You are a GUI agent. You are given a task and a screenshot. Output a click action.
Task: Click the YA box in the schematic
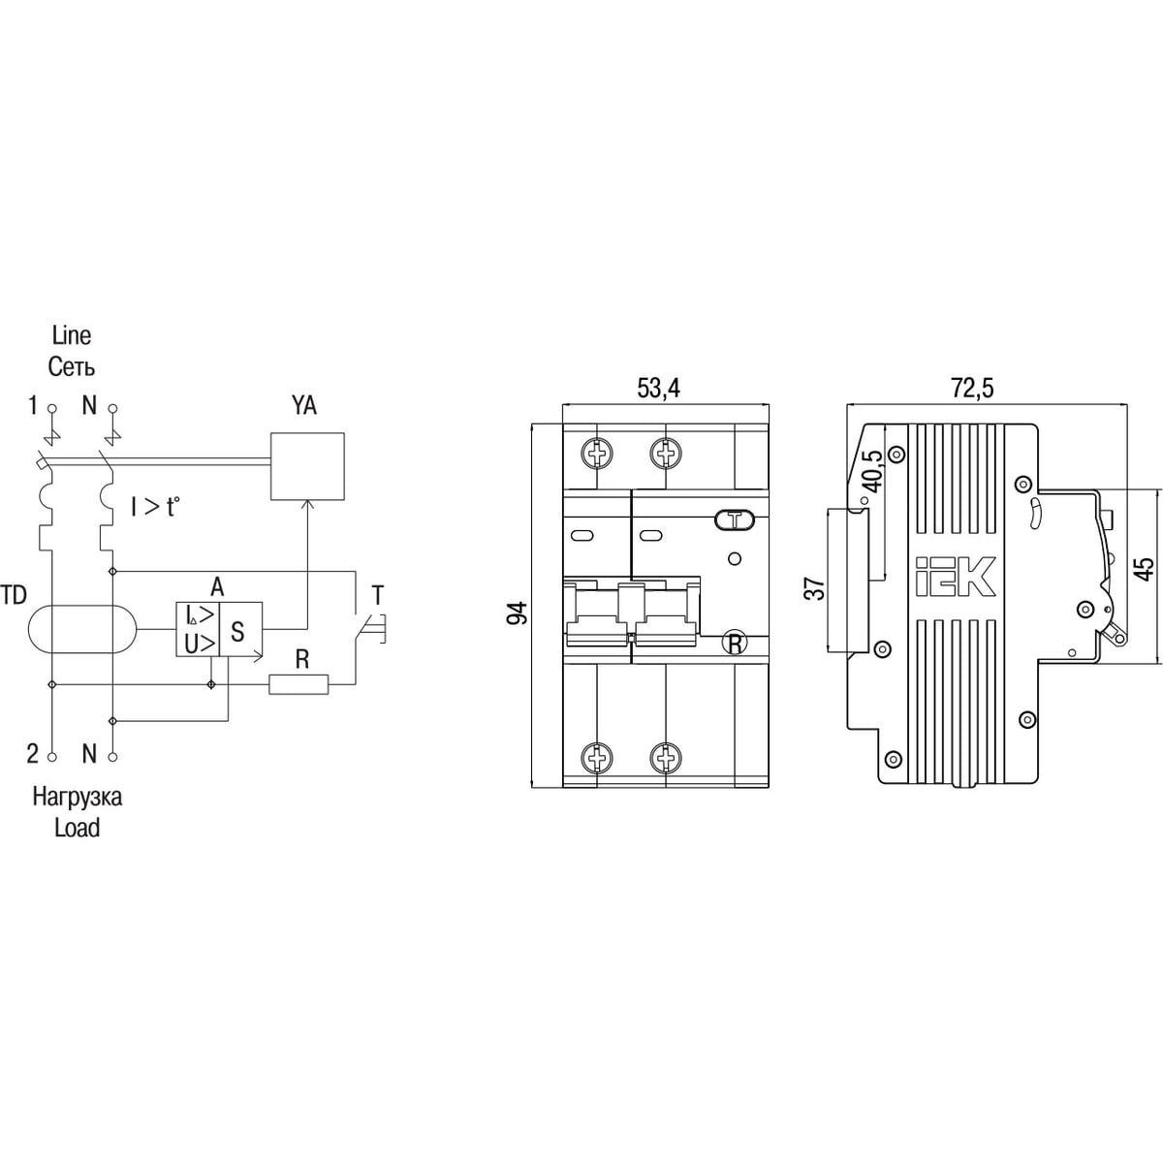tap(308, 466)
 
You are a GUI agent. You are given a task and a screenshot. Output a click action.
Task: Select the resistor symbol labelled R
tap(299, 684)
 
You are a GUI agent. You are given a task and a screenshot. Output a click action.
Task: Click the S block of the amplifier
tap(240, 629)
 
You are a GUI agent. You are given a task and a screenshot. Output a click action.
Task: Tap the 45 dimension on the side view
tap(1146, 568)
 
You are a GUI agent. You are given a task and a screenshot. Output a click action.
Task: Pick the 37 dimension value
tap(816, 589)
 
